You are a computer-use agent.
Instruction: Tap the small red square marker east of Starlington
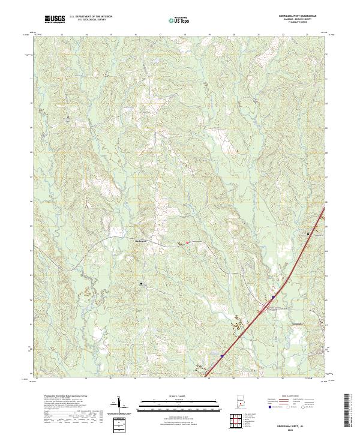click(187, 243)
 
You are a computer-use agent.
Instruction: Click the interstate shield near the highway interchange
click(273, 296)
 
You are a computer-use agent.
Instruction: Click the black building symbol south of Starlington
click(142, 283)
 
